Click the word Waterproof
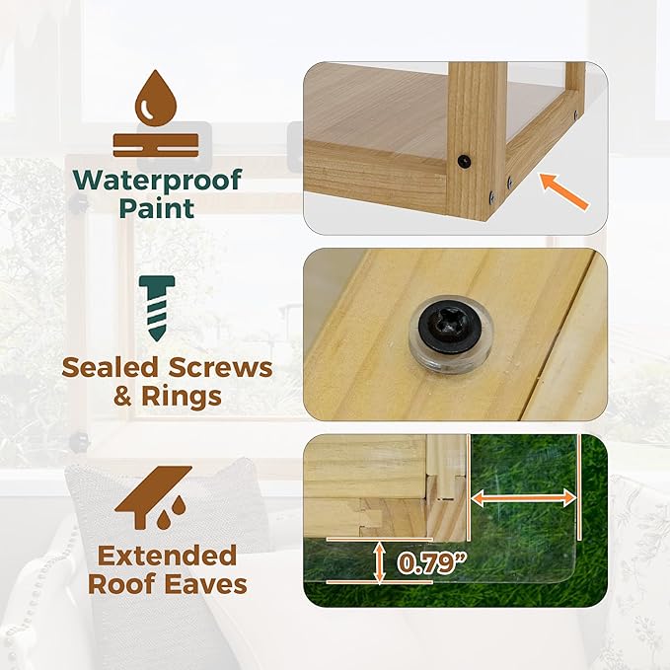157,180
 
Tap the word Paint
157,208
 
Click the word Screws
220,367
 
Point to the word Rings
182,396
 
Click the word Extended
167,556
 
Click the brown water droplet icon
156,98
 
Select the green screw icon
157,308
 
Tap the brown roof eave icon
154,497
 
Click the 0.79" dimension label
430,563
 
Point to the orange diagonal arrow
564,191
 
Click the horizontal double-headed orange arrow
524,498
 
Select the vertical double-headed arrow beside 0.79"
379,561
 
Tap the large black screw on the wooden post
464,161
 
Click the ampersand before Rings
122,397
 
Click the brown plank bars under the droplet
156,145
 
